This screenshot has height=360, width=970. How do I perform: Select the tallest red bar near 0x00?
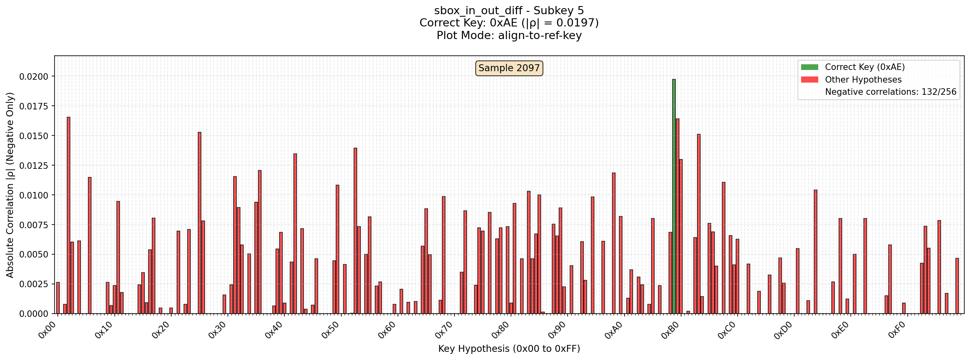[68, 215]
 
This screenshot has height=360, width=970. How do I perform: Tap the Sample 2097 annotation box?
[509, 68]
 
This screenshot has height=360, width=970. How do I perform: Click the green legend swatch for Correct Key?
[809, 67]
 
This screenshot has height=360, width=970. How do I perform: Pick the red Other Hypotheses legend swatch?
[809, 80]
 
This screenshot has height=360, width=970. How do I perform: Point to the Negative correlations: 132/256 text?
[890, 92]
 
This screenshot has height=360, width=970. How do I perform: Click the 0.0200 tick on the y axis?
[34, 76]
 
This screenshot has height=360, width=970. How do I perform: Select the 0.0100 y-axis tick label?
[34, 195]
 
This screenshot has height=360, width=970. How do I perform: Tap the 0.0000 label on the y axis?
[34, 314]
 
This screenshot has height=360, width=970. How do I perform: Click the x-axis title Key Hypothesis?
[509, 349]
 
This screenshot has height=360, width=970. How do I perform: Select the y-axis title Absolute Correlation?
[10, 185]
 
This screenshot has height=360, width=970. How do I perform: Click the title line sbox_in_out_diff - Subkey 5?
[509, 11]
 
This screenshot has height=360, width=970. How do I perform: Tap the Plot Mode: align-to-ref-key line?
[509, 35]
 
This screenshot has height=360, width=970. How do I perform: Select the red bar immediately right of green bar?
[677, 216]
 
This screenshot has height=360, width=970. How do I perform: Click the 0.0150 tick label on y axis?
[34, 136]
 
